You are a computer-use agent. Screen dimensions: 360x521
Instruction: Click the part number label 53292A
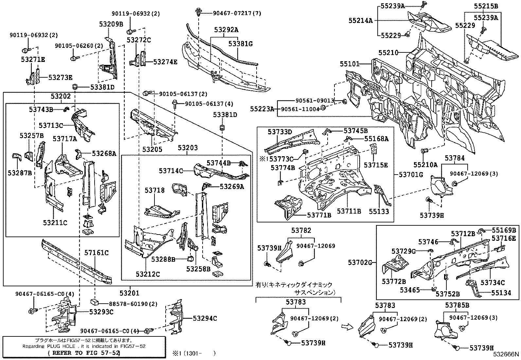[x=226, y=30]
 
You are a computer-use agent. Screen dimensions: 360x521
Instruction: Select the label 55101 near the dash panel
[x=350, y=64]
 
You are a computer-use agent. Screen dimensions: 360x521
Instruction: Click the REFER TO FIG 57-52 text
[x=84, y=353]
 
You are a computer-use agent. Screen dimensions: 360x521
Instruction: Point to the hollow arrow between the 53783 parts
[x=346, y=326]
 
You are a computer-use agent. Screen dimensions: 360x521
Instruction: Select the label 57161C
[x=96, y=253]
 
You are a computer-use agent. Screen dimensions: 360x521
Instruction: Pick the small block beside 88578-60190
[x=95, y=302]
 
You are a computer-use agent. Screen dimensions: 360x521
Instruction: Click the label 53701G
[x=411, y=175]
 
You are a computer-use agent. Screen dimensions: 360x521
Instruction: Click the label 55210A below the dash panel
[x=425, y=165]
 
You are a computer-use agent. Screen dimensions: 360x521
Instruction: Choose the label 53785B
[x=457, y=305]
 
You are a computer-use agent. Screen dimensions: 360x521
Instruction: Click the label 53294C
[x=205, y=318]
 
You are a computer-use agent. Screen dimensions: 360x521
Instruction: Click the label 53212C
[x=148, y=274]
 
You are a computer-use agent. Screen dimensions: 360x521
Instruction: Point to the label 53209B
[x=111, y=24]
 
